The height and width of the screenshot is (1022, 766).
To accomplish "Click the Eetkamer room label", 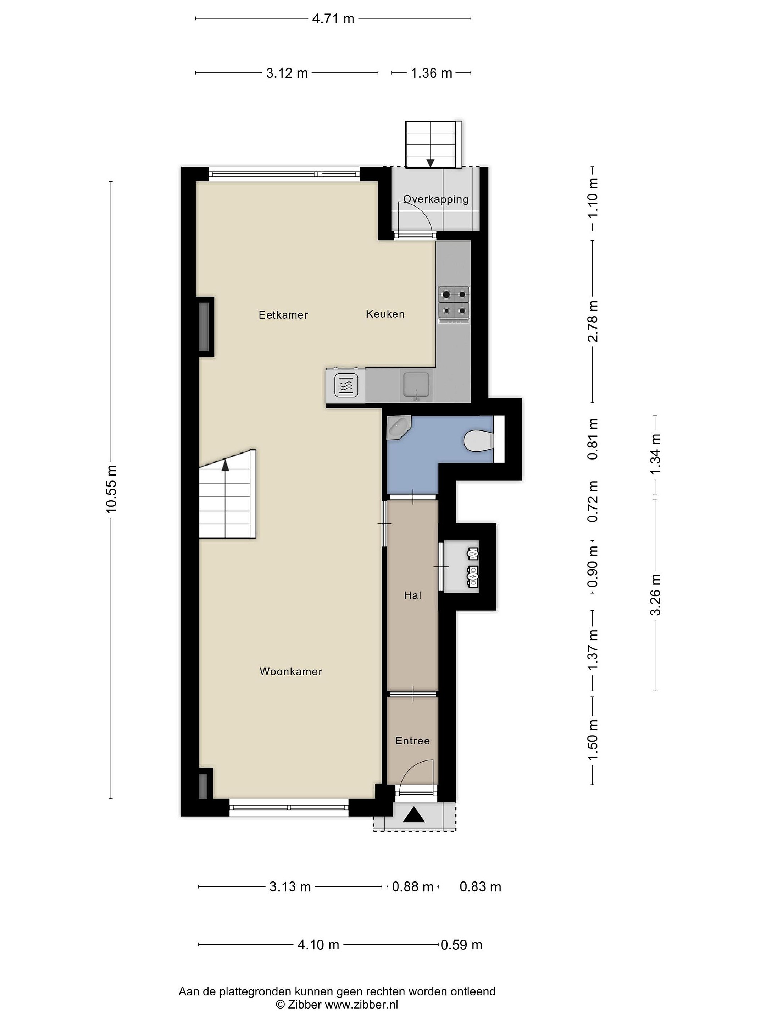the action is pyautogui.click(x=283, y=315).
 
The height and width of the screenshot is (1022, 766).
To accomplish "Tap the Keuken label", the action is pyautogui.click(x=385, y=314).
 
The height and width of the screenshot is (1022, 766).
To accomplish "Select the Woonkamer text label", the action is pyautogui.click(x=291, y=671).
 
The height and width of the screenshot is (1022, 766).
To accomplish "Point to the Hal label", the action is pyautogui.click(x=413, y=595).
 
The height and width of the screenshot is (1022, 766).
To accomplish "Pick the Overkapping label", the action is pyautogui.click(x=436, y=199).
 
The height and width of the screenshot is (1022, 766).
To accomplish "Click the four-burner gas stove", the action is pyautogui.click(x=454, y=304).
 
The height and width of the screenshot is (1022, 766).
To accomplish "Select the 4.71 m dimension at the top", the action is pyautogui.click(x=333, y=18).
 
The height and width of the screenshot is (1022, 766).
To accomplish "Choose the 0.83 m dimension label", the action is pyautogui.click(x=480, y=887).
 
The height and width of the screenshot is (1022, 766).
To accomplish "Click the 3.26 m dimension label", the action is pyautogui.click(x=656, y=595).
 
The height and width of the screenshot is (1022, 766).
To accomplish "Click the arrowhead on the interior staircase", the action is pyautogui.click(x=225, y=465).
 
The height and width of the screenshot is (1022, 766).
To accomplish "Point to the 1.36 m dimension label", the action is pyautogui.click(x=432, y=73).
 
